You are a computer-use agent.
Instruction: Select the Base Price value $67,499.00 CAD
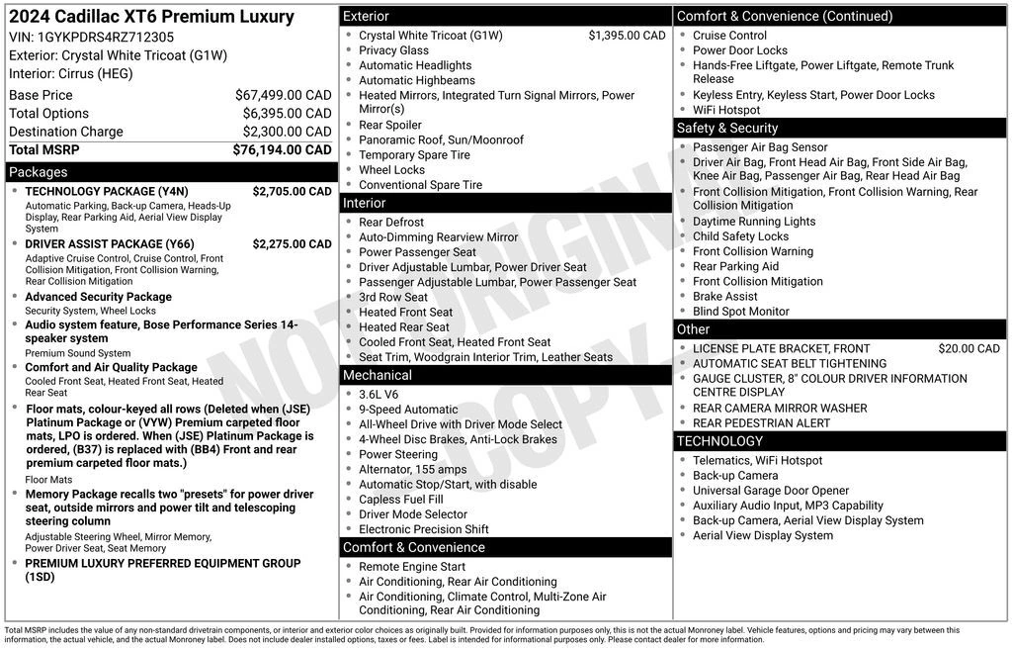tap(283, 95)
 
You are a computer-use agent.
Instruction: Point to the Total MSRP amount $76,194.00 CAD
tap(282, 150)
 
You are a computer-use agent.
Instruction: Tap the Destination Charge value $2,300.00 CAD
tap(287, 132)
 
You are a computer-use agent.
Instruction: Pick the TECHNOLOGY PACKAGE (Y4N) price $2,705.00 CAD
tap(292, 191)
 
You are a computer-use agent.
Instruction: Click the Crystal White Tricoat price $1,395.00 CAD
tap(627, 36)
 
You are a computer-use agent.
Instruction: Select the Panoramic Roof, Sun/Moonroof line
tap(441, 140)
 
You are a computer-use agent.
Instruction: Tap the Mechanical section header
tap(377, 375)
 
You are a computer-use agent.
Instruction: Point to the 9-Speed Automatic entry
tap(408, 410)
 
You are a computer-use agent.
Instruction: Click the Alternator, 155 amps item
tap(412, 470)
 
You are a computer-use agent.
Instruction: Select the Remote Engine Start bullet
tap(412, 567)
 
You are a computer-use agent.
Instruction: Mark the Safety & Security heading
tap(727, 128)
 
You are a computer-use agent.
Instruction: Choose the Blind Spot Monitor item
tap(740, 312)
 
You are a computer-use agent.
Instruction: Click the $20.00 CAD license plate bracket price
tap(969, 348)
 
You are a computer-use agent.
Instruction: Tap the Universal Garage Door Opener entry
tap(771, 491)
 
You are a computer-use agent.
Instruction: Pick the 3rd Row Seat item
tap(393, 297)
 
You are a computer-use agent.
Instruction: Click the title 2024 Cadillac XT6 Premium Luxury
tap(151, 17)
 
